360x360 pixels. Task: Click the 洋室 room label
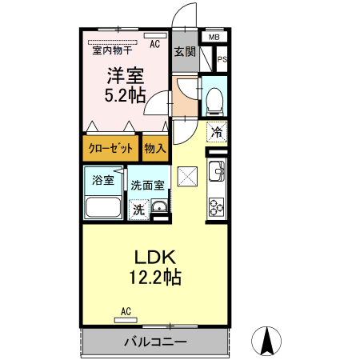click(125, 78)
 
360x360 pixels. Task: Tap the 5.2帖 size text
click(125, 96)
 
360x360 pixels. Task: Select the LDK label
click(154, 258)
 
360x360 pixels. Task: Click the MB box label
click(214, 38)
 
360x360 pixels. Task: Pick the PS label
click(222, 58)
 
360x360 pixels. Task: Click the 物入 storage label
click(155, 148)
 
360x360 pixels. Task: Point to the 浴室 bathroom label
click(102, 180)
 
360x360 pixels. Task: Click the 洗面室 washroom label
click(148, 185)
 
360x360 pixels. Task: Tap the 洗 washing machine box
click(138, 210)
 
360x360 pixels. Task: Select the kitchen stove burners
click(217, 207)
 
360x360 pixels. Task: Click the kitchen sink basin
click(215, 171)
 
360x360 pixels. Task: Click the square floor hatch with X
click(188, 176)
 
